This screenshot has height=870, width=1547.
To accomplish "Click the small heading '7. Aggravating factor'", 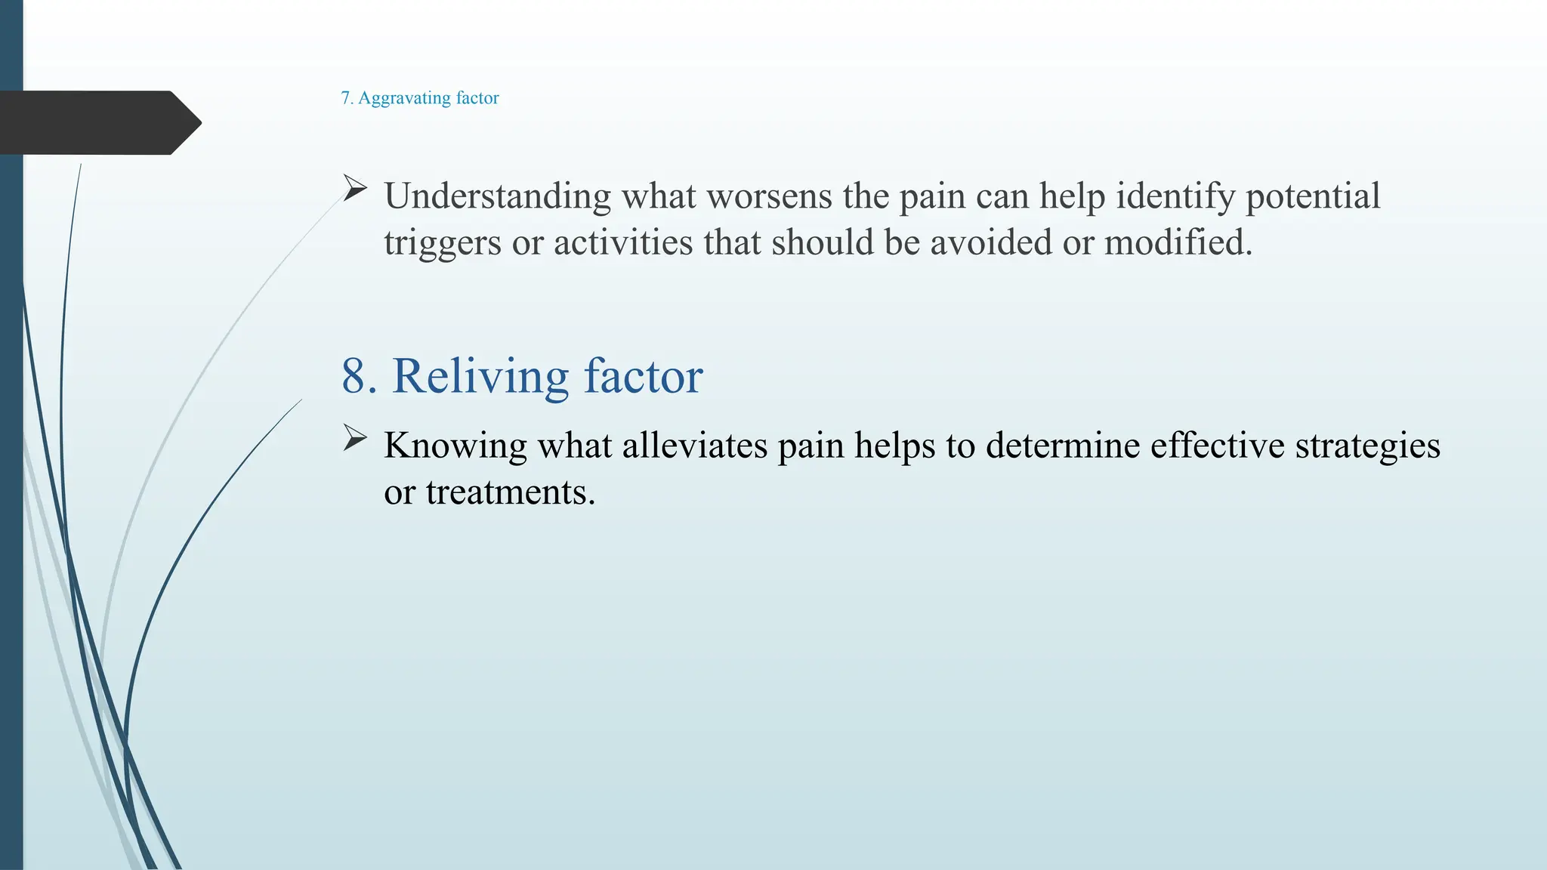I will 420,98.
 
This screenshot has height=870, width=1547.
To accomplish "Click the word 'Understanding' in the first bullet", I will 497,196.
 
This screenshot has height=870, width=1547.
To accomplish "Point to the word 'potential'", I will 1312,196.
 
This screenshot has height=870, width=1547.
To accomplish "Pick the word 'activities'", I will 623,243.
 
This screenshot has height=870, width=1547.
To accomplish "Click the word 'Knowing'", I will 455,446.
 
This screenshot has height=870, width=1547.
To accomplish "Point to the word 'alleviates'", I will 694,446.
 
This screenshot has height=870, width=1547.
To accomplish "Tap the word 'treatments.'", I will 511,492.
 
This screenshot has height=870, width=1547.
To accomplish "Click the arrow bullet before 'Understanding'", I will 354,188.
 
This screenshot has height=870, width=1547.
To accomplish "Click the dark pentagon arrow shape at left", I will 98,122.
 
